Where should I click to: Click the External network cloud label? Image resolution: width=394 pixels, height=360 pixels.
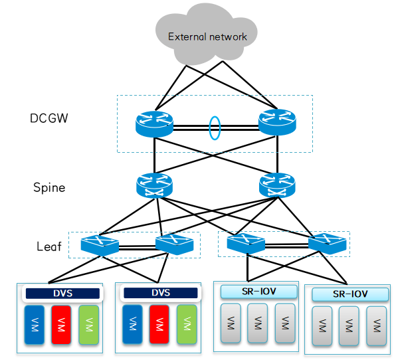pyautogui.click(x=207, y=37)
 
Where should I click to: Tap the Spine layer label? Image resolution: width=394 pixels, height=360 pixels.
pyautogui.click(x=49, y=187)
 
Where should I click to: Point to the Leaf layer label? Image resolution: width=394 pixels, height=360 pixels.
pyautogui.click(x=49, y=246)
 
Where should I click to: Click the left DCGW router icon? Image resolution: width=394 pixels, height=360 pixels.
pyautogui.click(x=153, y=124)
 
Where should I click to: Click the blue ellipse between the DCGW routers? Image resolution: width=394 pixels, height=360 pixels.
pyautogui.click(x=214, y=128)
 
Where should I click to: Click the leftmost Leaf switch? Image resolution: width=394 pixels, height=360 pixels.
pyautogui.click(x=100, y=245)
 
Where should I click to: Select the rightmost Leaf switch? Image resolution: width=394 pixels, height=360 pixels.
pyautogui.click(x=327, y=243)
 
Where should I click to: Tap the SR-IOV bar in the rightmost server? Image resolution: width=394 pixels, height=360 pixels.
pyautogui.click(x=349, y=294)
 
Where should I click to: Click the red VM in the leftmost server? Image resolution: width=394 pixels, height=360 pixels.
pyautogui.click(x=62, y=325)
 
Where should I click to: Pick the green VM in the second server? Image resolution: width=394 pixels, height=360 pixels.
pyautogui.click(x=187, y=325)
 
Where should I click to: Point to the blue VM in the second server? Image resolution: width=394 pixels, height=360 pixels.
pyautogui.click(x=132, y=325)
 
